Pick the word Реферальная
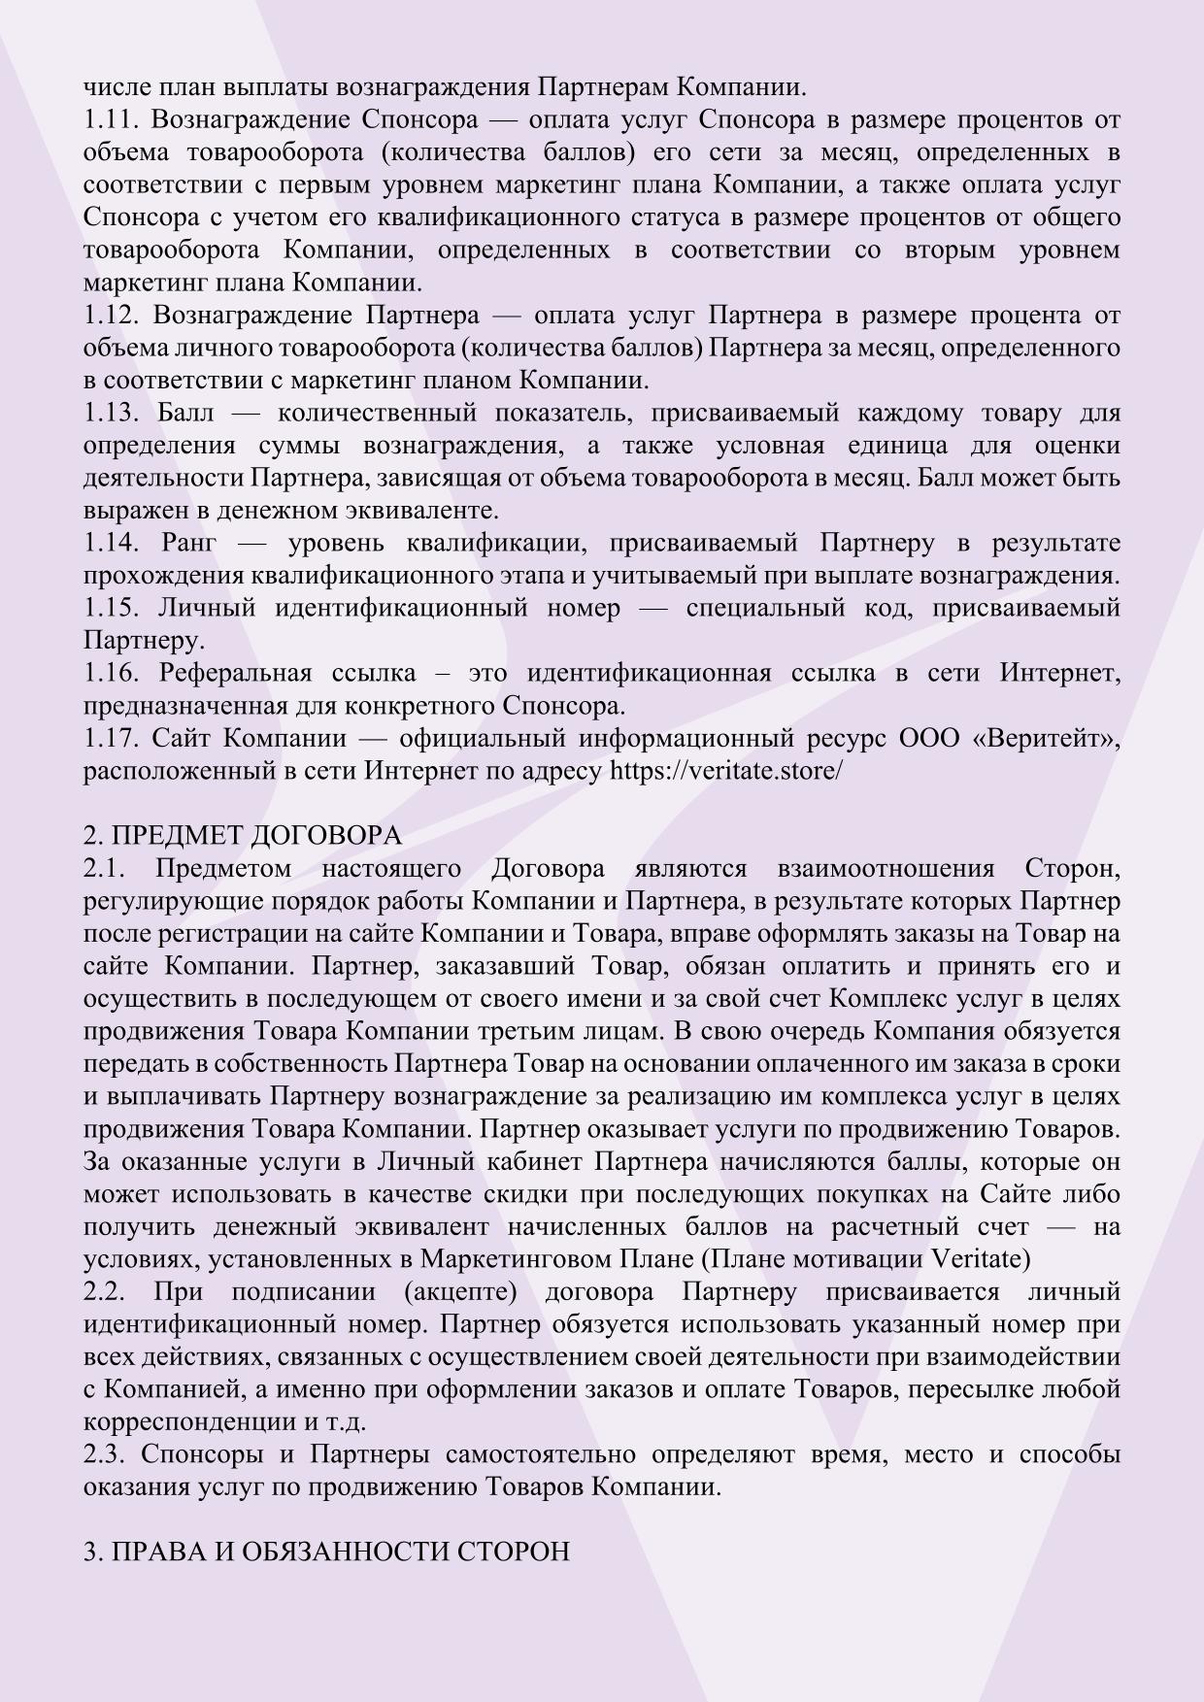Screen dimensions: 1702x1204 tap(235, 674)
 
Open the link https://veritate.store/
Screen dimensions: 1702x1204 tap(725, 772)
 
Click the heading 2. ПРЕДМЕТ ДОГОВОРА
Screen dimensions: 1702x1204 tap(243, 836)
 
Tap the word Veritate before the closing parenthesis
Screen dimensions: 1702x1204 tap(977, 1260)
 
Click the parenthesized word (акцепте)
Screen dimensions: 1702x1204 tap(455, 1292)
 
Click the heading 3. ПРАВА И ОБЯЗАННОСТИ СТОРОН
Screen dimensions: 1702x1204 tap(326, 1552)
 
